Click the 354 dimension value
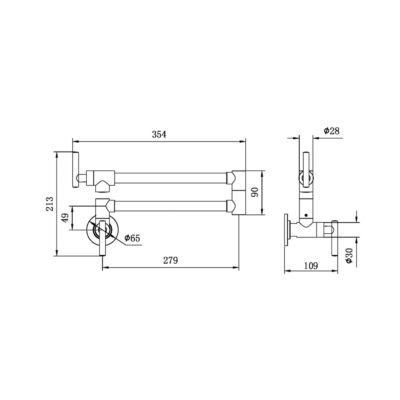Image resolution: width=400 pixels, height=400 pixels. [x=159, y=134]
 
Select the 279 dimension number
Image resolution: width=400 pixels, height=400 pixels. [x=170, y=261]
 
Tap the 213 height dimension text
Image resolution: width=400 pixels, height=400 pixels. [x=50, y=204]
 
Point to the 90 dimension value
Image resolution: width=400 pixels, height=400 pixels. [x=255, y=192]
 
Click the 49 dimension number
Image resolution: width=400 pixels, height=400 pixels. [x=65, y=218]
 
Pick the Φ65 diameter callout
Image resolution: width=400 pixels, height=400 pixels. [x=132, y=238]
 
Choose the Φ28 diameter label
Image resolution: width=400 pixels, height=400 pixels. [x=332, y=131]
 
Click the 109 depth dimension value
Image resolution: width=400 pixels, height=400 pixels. [x=311, y=266]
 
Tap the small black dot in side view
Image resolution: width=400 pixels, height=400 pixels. [x=306, y=215]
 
